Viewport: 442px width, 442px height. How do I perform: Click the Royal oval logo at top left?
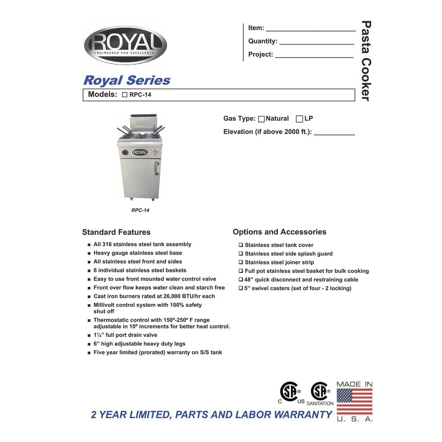pos(125,45)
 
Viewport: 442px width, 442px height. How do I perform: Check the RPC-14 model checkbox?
pos(125,95)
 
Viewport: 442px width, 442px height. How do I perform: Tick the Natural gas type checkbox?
pos(261,119)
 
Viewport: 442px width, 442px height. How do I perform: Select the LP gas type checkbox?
pos(299,119)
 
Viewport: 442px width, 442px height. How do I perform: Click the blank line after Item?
pos(310,29)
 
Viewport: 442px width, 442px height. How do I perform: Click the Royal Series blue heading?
pos(126,80)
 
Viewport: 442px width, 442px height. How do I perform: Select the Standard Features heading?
pos(116,232)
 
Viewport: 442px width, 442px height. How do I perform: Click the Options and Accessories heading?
pos(279,232)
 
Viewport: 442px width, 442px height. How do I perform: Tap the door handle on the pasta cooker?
pos(157,168)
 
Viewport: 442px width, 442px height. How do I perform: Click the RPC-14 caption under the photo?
pos(140,210)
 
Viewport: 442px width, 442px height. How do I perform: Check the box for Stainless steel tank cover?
pos(241,245)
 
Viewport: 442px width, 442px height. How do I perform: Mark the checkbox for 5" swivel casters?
pos(241,288)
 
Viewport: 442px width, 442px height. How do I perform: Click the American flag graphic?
pos(354,401)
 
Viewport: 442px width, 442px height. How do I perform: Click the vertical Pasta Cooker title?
pos(366,60)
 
